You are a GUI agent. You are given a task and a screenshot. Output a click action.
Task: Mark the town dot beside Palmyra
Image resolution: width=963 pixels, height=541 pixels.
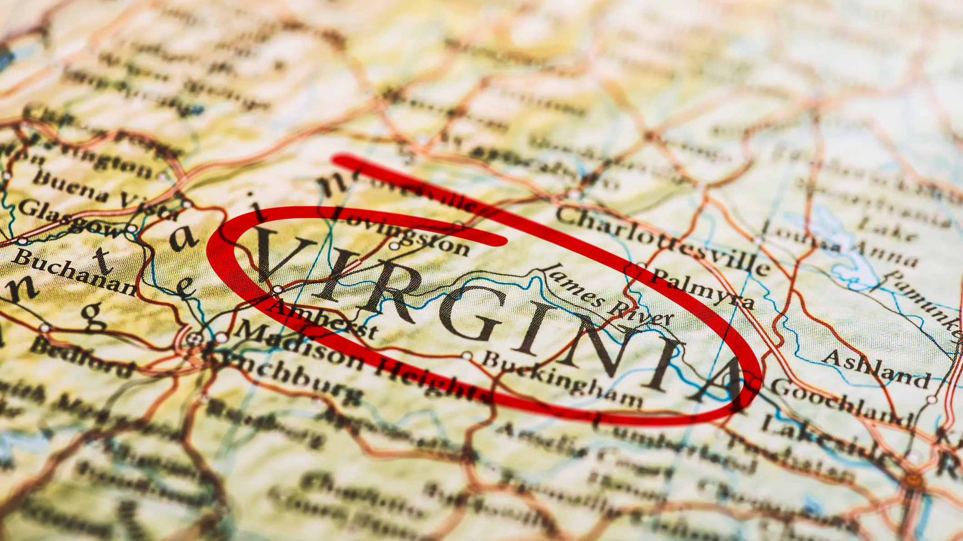click(x=641, y=266)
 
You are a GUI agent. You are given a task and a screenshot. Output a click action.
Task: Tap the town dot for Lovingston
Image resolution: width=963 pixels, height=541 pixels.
click(x=394, y=246)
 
